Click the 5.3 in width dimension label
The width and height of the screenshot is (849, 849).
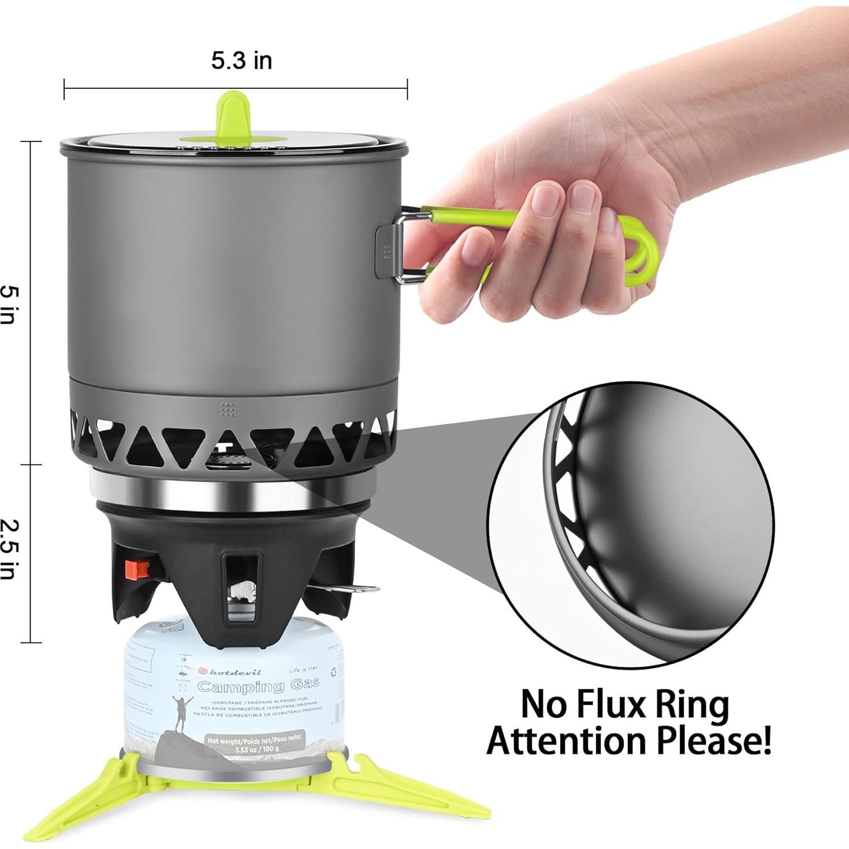point(242,61)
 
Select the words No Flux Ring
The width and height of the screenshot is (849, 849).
point(625,704)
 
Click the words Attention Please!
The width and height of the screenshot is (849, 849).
point(629,741)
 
